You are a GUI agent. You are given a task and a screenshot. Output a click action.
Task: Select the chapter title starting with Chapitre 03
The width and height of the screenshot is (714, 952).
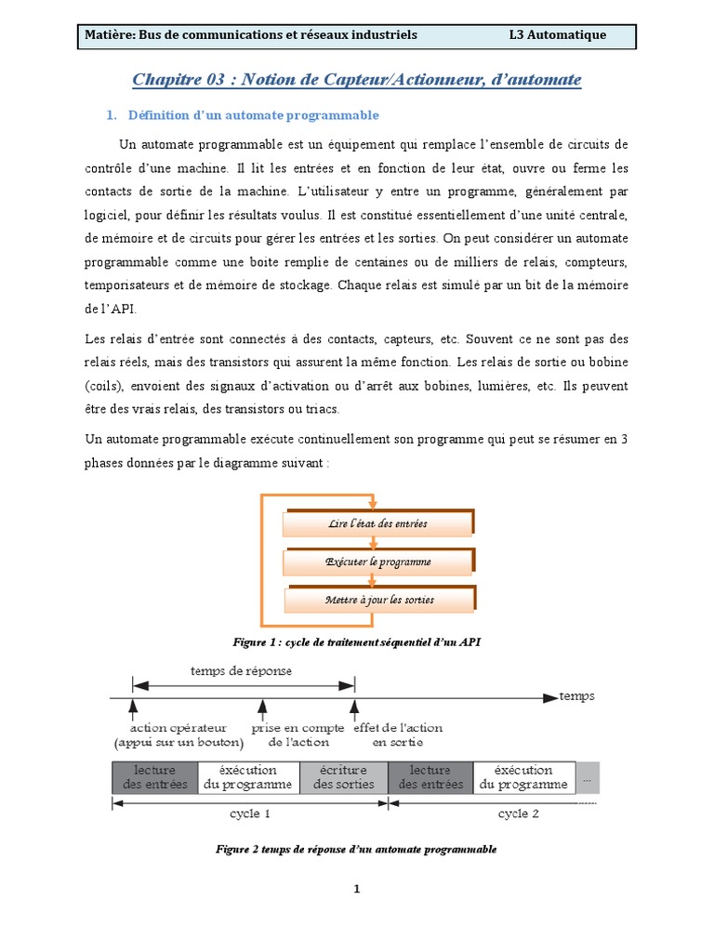click(357, 80)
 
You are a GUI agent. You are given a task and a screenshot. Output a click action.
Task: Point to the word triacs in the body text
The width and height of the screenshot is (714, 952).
click(322, 409)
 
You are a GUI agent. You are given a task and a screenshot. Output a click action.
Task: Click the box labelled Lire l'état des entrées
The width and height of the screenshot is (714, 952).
click(378, 524)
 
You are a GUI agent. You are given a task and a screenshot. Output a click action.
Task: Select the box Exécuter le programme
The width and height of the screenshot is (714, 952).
click(378, 562)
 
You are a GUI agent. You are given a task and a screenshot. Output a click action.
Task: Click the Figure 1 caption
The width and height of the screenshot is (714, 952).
click(356, 641)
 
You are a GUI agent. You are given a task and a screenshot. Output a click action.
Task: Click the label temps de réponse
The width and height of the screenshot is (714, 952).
click(241, 670)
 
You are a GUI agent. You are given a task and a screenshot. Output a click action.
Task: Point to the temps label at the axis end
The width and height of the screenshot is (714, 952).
click(576, 695)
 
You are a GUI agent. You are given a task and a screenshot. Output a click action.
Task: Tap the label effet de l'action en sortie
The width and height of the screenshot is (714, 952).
click(398, 734)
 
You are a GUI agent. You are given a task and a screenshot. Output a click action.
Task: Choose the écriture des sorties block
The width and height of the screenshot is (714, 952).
click(343, 777)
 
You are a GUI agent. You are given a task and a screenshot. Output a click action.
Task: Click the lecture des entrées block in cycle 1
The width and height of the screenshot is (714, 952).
click(155, 777)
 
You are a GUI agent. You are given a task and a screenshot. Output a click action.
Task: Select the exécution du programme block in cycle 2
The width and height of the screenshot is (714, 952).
click(523, 777)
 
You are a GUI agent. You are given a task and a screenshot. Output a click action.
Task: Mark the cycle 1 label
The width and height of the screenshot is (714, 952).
click(250, 813)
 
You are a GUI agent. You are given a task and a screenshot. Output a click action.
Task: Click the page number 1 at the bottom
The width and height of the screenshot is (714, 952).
click(356, 889)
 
